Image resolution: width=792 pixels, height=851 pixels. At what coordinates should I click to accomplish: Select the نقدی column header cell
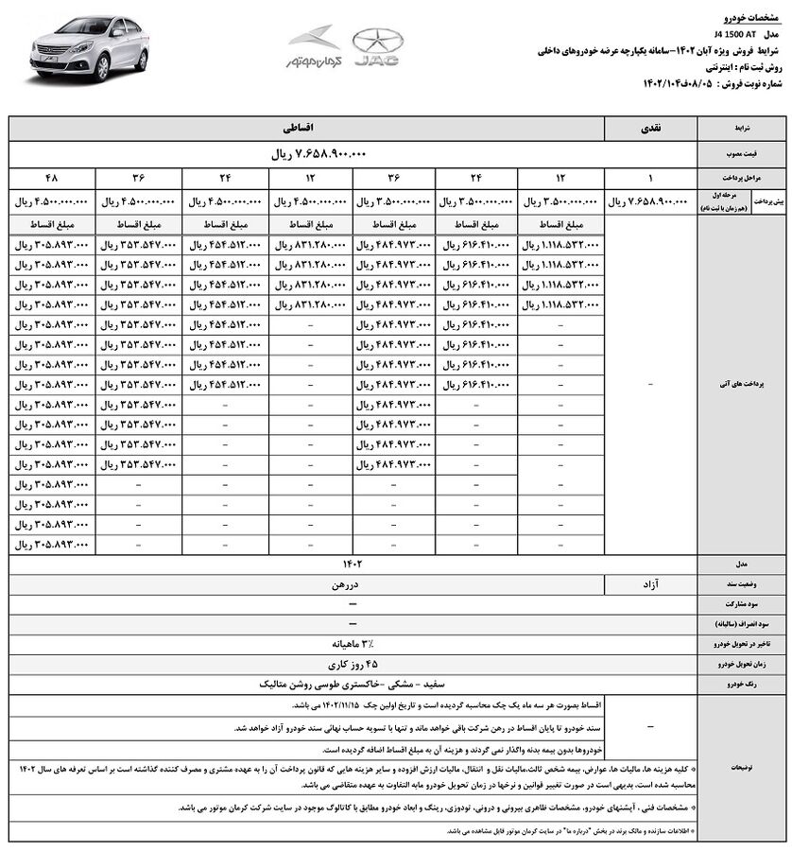click(653, 126)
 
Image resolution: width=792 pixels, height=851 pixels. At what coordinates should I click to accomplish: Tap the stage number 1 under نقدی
click(653, 177)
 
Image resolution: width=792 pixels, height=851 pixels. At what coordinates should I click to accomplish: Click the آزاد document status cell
click(653, 584)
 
